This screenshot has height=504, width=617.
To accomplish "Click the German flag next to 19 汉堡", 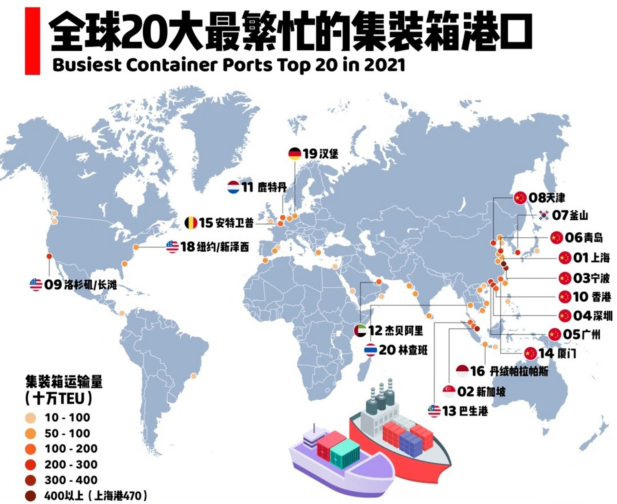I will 295,154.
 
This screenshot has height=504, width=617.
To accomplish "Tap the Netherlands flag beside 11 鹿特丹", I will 233,187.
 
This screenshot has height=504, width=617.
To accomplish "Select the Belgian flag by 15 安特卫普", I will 191,223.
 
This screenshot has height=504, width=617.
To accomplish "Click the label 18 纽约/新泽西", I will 214,247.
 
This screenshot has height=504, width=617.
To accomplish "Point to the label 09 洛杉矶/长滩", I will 80,284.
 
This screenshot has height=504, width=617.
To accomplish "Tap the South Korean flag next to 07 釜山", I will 544,215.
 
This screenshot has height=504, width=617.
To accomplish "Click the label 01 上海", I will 591,258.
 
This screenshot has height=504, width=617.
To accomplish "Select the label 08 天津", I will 546,198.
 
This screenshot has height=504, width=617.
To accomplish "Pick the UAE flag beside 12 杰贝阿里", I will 360,330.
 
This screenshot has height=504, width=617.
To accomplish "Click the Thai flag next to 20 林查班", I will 370,350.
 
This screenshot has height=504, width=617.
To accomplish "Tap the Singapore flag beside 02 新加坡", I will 449,391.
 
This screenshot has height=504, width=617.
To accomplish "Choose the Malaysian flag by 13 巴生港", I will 434,411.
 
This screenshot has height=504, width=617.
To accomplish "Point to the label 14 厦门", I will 557,353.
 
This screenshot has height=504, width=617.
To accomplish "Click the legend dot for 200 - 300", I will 30,465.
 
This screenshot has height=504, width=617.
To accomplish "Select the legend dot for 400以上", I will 30,496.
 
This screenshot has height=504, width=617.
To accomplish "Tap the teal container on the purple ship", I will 345,455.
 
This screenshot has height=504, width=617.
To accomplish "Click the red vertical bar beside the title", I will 32,41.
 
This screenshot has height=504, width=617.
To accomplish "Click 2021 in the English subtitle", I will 384,65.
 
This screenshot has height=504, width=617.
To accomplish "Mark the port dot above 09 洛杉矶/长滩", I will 49,256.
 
